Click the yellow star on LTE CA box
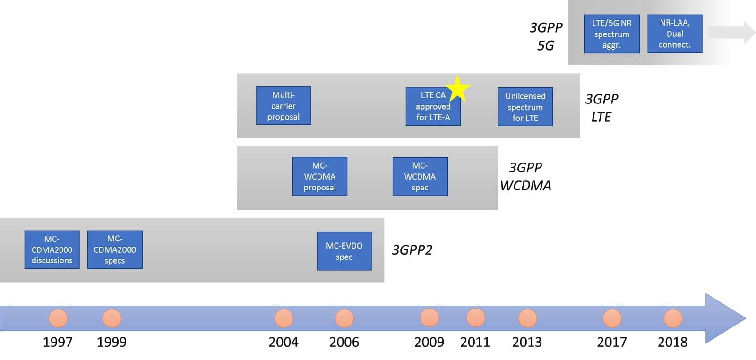point(457,89)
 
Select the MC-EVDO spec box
point(344,251)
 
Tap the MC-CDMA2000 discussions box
point(52,249)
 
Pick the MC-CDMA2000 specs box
point(115,249)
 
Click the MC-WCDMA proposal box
point(320,176)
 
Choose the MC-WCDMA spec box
point(420,176)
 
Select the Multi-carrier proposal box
point(283,106)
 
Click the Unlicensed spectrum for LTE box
point(525,107)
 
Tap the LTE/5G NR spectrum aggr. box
point(612,34)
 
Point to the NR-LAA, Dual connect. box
point(675,34)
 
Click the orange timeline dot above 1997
point(58,318)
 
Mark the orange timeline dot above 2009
point(429,317)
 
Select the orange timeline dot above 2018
point(673,318)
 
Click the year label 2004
point(283,342)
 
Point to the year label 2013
point(527,342)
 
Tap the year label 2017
point(612,342)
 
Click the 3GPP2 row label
point(412,250)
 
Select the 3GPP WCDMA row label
point(525,176)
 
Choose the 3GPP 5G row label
point(546,36)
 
